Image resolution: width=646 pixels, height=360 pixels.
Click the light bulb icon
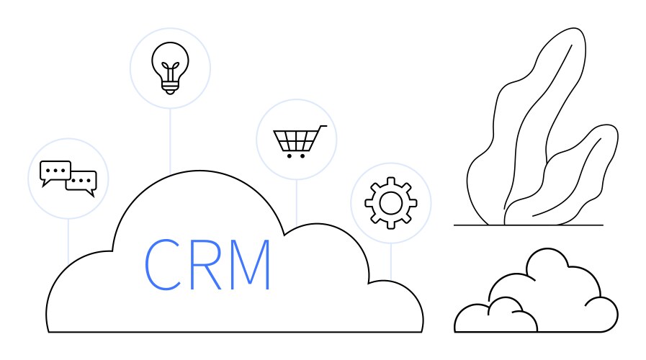click(170, 68)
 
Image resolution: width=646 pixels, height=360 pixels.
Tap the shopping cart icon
click(300, 142)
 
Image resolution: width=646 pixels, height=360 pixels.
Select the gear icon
click(390, 203)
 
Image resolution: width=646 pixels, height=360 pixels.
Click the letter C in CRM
click(163, 264)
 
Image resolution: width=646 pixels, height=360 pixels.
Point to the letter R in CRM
click(206, 264)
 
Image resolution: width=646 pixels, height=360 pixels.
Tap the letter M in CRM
click(250, 264)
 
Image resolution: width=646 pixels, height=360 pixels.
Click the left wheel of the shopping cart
click(290, 156)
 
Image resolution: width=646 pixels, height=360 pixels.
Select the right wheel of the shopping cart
click(302, 156)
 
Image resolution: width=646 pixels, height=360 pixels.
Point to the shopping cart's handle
click(323, 127)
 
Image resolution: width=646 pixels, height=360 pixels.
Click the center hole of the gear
click(390, 203)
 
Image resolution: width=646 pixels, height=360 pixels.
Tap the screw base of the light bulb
click(170, 87)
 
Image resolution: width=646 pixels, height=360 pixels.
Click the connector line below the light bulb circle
click(170, 141)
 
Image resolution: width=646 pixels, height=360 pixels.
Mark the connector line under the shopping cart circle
click(297, 202)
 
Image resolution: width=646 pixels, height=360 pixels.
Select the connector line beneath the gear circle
click(391, 261)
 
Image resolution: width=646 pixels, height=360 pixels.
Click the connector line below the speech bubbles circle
click(68, 242)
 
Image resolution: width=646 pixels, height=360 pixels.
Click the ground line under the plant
click(529, 225)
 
